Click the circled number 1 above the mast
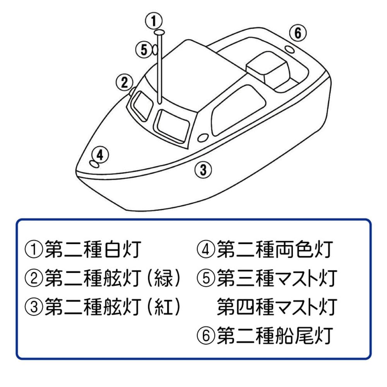pyautogui.click(x=154, y=21)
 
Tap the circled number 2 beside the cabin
pyautogui.click(x=124, y=82)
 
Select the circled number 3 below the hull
pyautogui.click(x=203, y=169)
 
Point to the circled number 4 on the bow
pyautogui.click(x=100, y=155)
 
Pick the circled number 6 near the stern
pyautogui.click(x=297, y=34)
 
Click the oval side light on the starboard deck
pyautogui.click(x=202, y=138)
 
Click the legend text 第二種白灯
pyautogui.click(x=82, y=250)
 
